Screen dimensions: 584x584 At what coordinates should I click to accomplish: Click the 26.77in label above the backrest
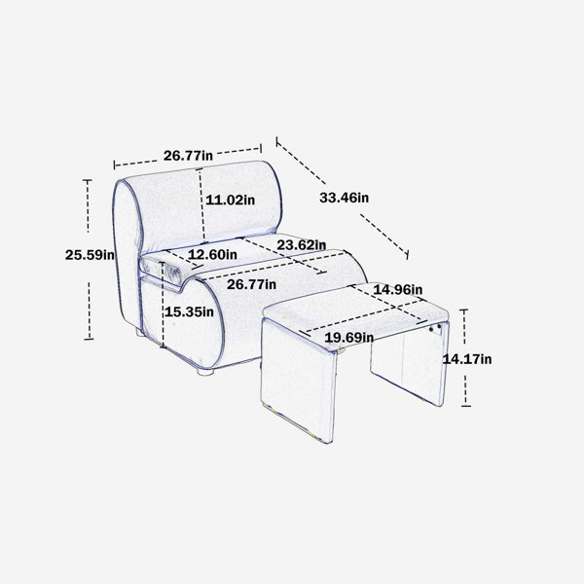pyautogui.click(x=188, y=156)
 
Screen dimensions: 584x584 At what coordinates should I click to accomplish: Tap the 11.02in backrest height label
pyautogui.click(x=230, y=200)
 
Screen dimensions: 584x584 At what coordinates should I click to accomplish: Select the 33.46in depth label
pyautogui.click(x=345, y=198)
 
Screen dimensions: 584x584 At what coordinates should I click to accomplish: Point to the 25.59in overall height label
pyautogui.click(x=90, y=255)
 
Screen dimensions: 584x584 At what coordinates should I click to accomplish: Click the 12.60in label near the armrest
pyautogui.click(x=212, y=255)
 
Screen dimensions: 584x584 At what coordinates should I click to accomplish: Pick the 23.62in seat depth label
pyautogui.click(x=302, y=245)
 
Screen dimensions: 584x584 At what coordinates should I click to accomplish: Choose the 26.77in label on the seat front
pyautogui.click(x=251, y=284)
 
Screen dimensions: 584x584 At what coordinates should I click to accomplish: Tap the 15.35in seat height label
pyautogui.click(x=189, y=311)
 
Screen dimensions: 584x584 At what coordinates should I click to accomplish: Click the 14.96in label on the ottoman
pyautogui.click(x=398, y=289)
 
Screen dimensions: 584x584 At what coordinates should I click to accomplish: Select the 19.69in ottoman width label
pyautogui.click(x=349, y=338)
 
